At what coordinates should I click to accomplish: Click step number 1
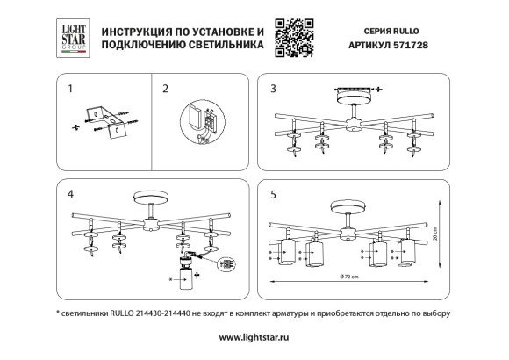pos(71,89)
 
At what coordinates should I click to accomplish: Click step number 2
pos(164,89)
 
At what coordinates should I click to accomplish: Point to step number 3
pos(274,89)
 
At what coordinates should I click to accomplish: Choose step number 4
pos(71,191)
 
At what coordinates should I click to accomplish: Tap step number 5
pos(274,191)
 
